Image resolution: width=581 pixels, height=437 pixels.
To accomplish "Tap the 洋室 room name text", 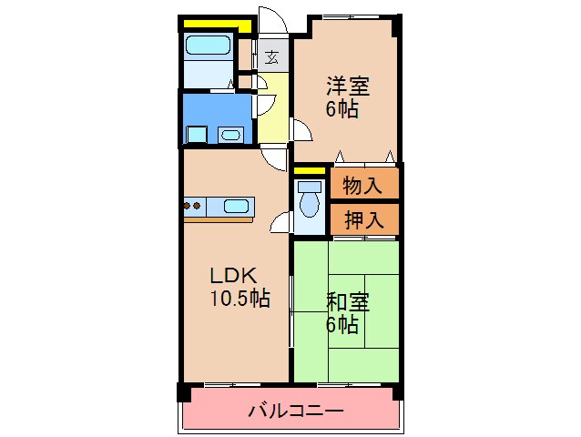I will click(x=349, y=87).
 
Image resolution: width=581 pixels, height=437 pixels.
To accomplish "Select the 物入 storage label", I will click(x=362, y=186).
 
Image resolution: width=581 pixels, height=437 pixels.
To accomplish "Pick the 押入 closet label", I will click(x=362, y=218).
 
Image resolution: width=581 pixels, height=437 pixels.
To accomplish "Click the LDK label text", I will click(x=236, y=275).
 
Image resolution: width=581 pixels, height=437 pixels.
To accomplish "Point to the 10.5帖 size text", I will click(x=240, y=298).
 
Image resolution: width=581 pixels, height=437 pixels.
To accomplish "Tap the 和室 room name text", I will click(x=348, y=302).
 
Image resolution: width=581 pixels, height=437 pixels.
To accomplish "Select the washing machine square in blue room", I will click(x=196, y=135).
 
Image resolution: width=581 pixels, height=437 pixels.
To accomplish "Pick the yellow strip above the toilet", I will click(x=310, y=170).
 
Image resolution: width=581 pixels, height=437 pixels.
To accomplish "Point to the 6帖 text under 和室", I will click(x=342, y=324).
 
